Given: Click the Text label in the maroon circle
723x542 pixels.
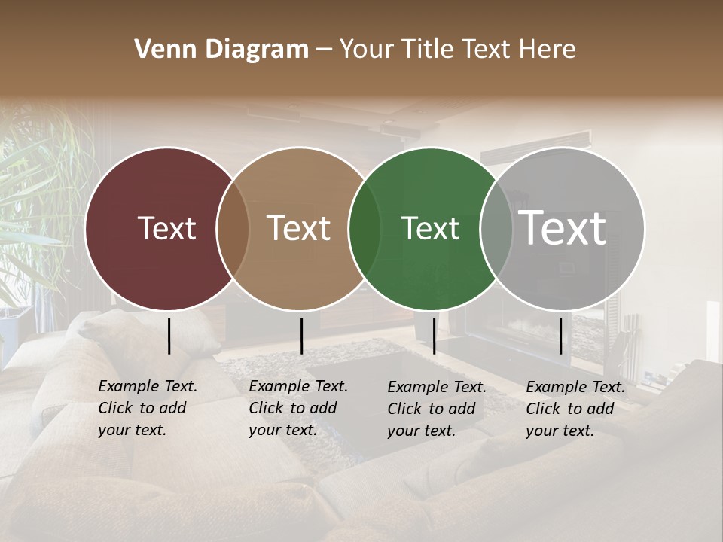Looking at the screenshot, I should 166,228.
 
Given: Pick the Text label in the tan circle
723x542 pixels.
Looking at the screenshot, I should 299,228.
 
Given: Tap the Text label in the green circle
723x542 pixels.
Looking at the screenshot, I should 430,228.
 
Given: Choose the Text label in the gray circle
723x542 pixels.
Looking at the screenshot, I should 563,228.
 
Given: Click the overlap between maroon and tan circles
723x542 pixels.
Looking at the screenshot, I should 233,228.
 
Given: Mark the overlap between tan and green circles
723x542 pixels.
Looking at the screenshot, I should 365,228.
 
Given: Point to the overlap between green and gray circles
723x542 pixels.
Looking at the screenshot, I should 496,228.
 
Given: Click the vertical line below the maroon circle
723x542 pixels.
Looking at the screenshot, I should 169,336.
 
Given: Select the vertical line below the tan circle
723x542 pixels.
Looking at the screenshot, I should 301,336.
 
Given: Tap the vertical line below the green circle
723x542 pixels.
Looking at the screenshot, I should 434,336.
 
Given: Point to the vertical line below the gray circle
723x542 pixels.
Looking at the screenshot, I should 561,336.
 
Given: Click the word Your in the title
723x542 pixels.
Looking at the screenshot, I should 366,50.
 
